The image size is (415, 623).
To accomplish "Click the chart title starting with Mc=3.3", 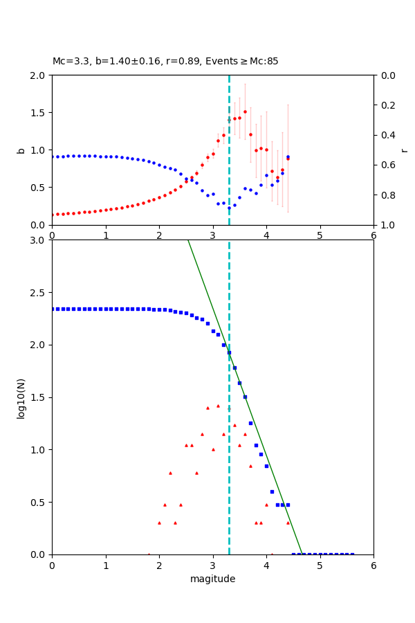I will click(165, 62).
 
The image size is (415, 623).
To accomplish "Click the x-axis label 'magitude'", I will click(212, 579).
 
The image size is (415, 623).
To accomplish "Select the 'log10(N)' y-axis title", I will click(21, 397).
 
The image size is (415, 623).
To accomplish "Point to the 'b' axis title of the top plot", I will click(21, 150).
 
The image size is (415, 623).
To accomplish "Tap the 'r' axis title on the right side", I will click(404, 150).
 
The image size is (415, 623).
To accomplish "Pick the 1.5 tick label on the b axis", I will click(37, 113).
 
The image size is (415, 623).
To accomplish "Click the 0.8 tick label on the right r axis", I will click(385, 195).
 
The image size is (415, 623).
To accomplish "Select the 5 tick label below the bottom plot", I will click(320, 566).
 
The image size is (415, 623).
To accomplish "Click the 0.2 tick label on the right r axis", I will click(385, 105).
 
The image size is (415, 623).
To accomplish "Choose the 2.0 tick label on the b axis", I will click(37, 75).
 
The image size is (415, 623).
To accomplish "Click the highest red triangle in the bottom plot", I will click(218, 406).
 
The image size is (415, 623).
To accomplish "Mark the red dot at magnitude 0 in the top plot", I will click(52, 215).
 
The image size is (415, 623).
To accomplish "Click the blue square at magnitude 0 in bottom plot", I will click(52, 309).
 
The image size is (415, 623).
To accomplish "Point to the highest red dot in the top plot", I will click(245, 111).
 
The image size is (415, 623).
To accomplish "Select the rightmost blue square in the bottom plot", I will click(352, 554).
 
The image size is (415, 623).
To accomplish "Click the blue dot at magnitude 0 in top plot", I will click(52, 156).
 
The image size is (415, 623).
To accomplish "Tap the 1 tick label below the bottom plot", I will click(105, 566).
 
